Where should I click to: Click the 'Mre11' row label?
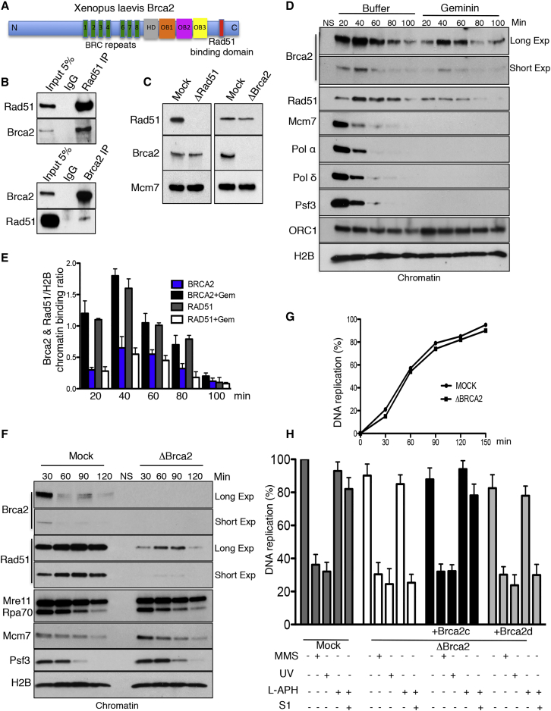(17, 568)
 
